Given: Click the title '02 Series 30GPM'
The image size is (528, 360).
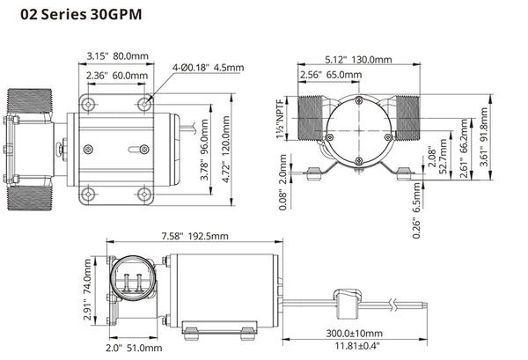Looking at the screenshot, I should pyautogui.click(x=74, y=16).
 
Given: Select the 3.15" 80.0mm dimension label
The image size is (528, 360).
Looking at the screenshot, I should pyautogui.click(x=116, y=55).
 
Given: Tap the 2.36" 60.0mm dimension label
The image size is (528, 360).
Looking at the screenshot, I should pyautogui.click(x=116, y=75).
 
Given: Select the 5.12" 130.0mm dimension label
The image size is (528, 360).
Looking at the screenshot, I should pyautogui.click(x=360, y=60).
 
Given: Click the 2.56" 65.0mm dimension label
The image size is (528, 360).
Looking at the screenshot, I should pyautogui.click(x=329, y=76).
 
